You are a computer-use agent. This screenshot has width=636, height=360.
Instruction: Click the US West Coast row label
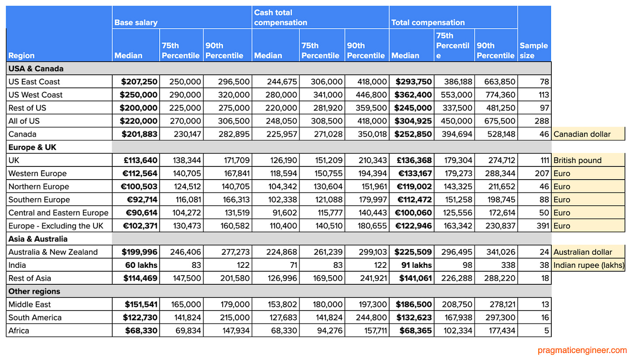click(35, 95)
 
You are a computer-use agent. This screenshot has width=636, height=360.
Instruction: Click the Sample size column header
click(534, 51)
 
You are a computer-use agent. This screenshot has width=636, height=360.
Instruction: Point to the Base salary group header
click(136, 23)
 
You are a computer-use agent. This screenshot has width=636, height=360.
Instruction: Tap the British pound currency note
click(577, 160)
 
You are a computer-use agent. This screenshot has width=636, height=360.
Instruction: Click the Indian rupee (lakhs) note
click(588, 265)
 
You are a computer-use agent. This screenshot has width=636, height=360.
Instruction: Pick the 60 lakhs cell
click(142, 265)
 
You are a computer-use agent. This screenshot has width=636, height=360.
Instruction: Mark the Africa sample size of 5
click(546, 331)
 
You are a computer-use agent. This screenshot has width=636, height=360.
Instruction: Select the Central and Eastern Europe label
click(58, 213)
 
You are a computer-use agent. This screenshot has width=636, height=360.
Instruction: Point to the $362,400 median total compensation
click(413, 95)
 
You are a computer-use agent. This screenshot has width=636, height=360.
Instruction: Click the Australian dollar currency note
click(583, 252)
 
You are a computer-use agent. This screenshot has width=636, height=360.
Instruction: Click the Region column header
click(21, 55)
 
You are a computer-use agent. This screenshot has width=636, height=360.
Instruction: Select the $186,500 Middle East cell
click(413, 305)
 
